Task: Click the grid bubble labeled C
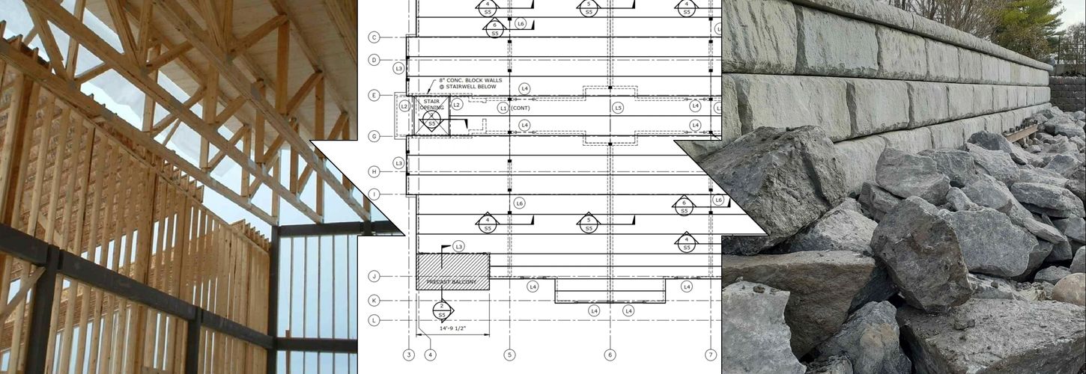(x=374, y=37)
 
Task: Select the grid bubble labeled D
(x=374, y=60)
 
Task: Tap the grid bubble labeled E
(x=374, y=95)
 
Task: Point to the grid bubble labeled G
(x=374, y=135)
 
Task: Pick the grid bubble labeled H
(x=374, y=172)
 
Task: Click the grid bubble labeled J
(x=374, y=276)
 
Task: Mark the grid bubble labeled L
(x=374, y=320)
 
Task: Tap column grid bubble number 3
(x=409, y=355)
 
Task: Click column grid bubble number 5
(x=509, y=355)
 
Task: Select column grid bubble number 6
(x=610, y=355)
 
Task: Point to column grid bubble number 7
(x=711, y=355)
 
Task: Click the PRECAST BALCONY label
(x=452, y=282)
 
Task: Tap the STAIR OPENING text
(x=432, y=104)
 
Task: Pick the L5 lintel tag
(x=618, y=108)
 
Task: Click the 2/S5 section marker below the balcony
(x=442, y=309)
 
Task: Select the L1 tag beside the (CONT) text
(x=503, y=108)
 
